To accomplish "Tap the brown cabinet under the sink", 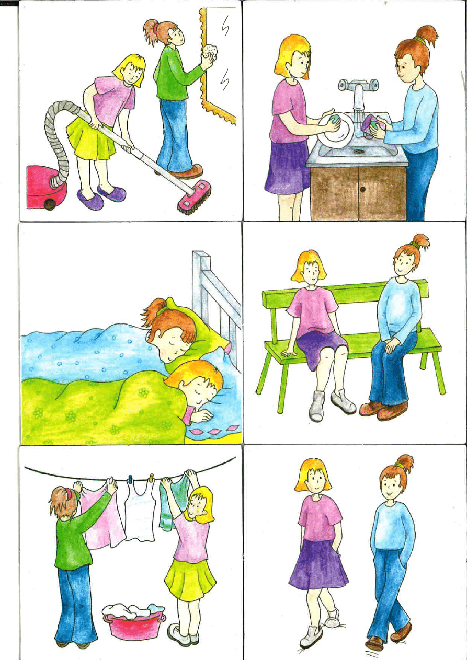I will pos(358,193).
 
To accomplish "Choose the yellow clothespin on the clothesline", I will pos(152,478).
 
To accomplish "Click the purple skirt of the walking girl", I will pos(317,564).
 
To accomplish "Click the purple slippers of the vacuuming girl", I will pos(102,196).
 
